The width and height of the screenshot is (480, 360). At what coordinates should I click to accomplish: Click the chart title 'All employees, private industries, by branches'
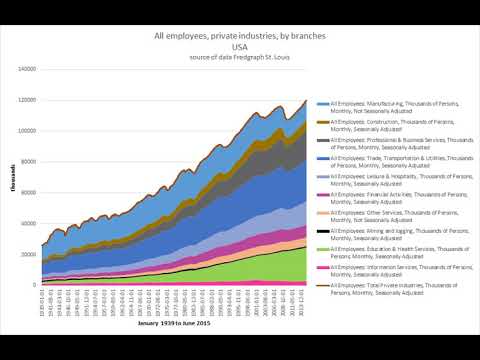coord(239,35)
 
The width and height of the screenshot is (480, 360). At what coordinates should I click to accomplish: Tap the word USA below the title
coord(239,46)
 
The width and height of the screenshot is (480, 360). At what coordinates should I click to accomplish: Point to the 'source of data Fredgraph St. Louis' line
coord(239,57)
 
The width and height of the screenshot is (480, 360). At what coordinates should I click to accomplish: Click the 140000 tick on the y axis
coord(26,69)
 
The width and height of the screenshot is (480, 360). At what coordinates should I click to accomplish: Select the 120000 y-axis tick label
coord(26,100)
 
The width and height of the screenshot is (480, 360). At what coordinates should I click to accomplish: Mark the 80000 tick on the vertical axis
coord(28,162)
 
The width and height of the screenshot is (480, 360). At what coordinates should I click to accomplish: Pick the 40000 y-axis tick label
coord(28,224)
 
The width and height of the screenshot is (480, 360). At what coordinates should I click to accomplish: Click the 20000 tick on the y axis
coord(28,255)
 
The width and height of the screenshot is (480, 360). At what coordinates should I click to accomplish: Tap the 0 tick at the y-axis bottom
coord(34,286)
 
